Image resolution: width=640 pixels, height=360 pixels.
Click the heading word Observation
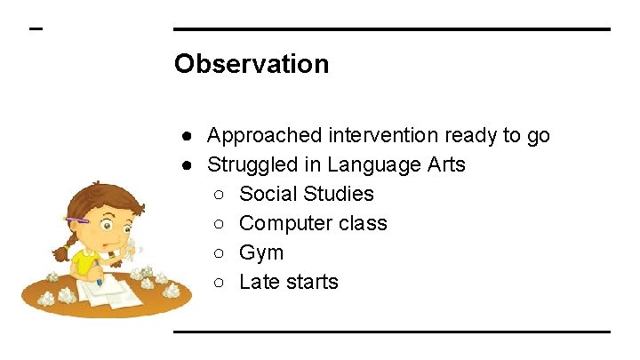(252, 64)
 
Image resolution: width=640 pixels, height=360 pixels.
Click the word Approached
(264, 136)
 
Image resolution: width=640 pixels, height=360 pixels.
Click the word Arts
(444, 165)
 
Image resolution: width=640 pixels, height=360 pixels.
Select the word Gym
(261, 253)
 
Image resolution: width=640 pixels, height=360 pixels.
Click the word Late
(258, 282)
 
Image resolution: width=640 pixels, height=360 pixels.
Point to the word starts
(310, 282)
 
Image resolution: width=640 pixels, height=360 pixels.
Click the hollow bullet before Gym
(220, 253)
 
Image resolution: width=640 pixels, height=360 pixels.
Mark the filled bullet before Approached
(188, 136)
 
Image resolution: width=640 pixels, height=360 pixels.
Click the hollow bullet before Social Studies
(220, 195)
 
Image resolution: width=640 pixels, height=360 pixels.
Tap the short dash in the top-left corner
(36, 28)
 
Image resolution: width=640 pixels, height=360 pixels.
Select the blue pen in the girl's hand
(97, 270)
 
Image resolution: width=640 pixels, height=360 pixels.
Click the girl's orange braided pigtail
(62, 250)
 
